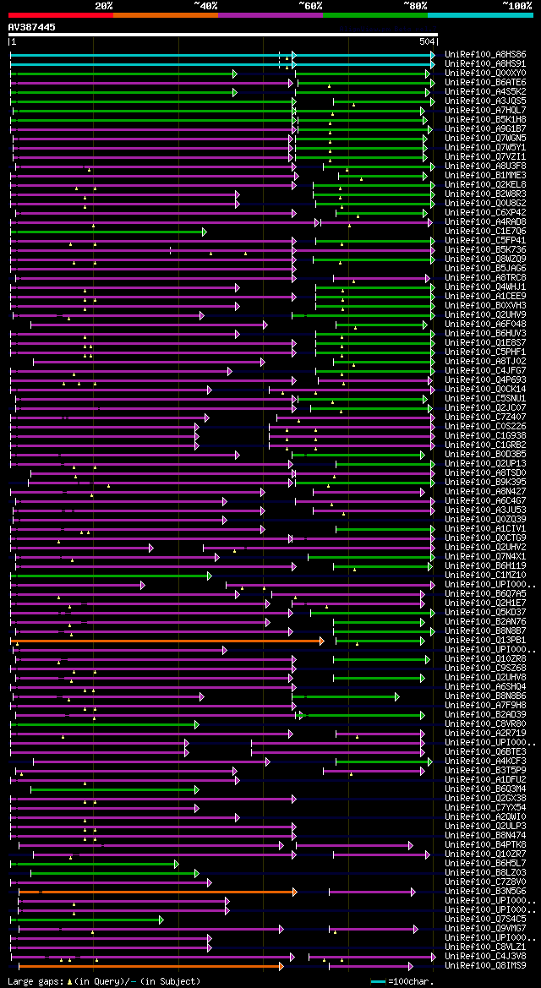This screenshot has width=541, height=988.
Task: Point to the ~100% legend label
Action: pyautogui.click(x=516, y=5)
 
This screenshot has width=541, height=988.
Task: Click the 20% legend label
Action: pyautogui.click(x=104, y=5)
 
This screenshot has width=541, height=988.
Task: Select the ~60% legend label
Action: pyautogui.click(x=310, y=5)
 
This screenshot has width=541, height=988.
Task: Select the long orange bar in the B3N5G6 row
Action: pyautogui.click(x=157, y=891)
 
